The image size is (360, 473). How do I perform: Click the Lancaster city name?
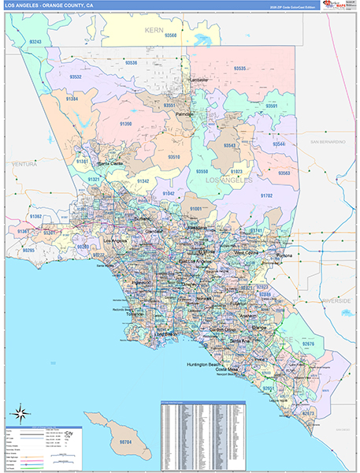click(200, 80)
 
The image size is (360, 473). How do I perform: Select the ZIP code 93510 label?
click(174, 157)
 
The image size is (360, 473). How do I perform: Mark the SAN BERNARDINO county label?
click(328, 141)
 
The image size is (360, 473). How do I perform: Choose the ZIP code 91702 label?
click(266, 195)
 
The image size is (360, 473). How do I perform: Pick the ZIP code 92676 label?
click(307, 343)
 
